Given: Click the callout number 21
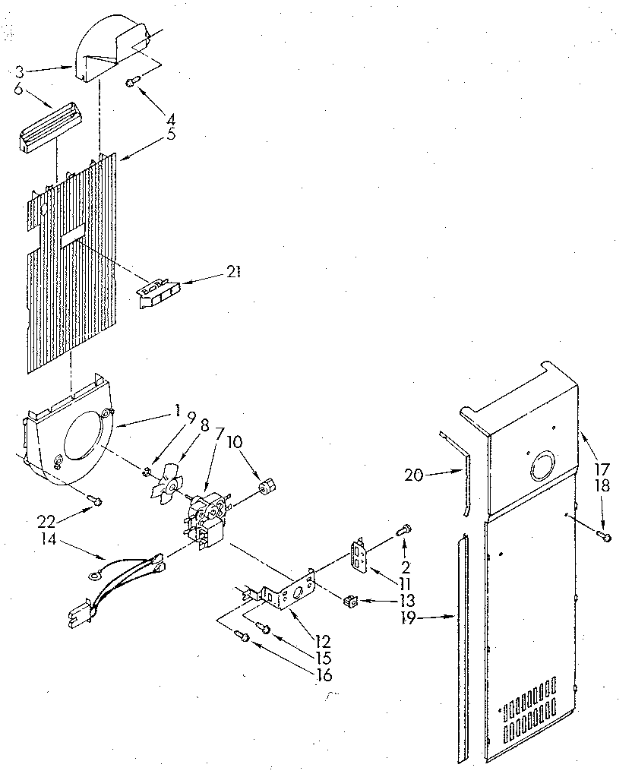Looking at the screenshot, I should pos(234,272).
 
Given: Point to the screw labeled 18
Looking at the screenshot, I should pos(605,537).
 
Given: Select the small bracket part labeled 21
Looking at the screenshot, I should pos(158,293).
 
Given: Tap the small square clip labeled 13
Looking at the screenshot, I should pos(351,602).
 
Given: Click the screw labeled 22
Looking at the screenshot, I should pos(93,499).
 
